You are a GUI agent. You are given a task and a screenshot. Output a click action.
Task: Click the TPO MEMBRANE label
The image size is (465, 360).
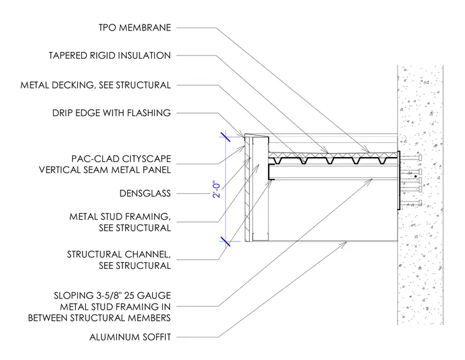click(x=135, y=28)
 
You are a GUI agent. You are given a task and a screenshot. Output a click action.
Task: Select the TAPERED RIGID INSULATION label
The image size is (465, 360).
click(x=110, y=56)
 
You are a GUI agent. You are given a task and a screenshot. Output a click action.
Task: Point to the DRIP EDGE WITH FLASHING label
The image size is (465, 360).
click(x=111, y=113)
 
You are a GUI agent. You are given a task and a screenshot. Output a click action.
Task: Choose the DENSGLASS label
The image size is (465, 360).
click(x=145, y=194)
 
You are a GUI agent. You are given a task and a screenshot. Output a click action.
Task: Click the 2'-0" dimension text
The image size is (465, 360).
click(x=217, y=190)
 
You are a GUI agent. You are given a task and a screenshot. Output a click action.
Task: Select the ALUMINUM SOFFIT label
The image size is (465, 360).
click(x=130, y=337)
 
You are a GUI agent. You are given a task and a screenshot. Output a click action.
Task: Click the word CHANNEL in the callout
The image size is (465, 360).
click(x=147, y=254)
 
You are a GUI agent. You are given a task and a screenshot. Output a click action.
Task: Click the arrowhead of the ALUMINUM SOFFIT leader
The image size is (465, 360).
click(x=344, y=243)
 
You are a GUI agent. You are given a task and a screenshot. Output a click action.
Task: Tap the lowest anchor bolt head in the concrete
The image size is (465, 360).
click(x=420, y=203)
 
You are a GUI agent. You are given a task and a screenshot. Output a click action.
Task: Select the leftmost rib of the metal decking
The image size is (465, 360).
click(x=278, y=161)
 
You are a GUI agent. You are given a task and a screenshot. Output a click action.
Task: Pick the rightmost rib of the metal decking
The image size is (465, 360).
click(x=382, y=161)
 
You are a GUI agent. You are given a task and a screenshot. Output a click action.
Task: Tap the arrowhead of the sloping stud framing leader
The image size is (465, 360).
click(x=370, y=180)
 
